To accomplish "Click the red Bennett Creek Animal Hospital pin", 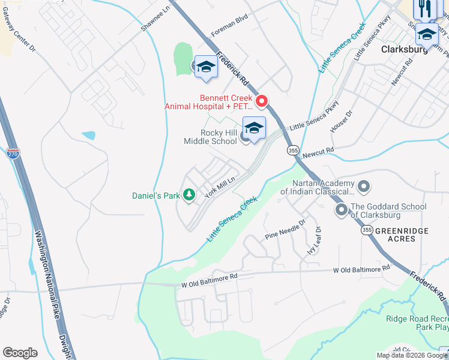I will (261, 101).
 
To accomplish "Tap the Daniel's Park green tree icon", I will (189, 195).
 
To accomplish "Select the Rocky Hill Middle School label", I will (210, 137).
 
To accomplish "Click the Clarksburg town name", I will (405, 50).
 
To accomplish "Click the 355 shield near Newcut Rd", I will (292, 150).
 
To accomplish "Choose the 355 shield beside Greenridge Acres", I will (366, 230).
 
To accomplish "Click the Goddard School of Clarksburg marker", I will (342, 210).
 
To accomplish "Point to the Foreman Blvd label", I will (229, 36).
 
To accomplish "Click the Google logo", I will (20, 353).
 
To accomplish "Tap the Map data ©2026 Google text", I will (412, 355).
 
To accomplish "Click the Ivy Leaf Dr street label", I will (315, 240).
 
